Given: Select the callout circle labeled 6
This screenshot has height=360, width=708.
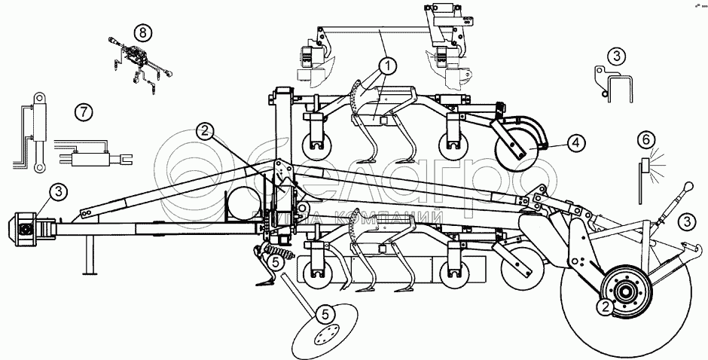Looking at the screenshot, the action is pyautogui.click(x=645, y=139).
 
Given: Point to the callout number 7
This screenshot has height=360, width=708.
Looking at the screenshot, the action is pyautogui.click(x=84, y=112).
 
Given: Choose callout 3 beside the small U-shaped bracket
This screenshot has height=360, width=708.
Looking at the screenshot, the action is pyautogui.click(x=617, y=55).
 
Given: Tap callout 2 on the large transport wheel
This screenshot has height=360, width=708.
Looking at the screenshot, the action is pyautogui.click(x=603, y=307).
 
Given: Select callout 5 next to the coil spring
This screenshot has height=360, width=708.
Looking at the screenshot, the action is pyautogui.click(x=276, y=262).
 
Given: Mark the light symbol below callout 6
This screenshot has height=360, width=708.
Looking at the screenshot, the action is pyautogui.click(x=645, y=168).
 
